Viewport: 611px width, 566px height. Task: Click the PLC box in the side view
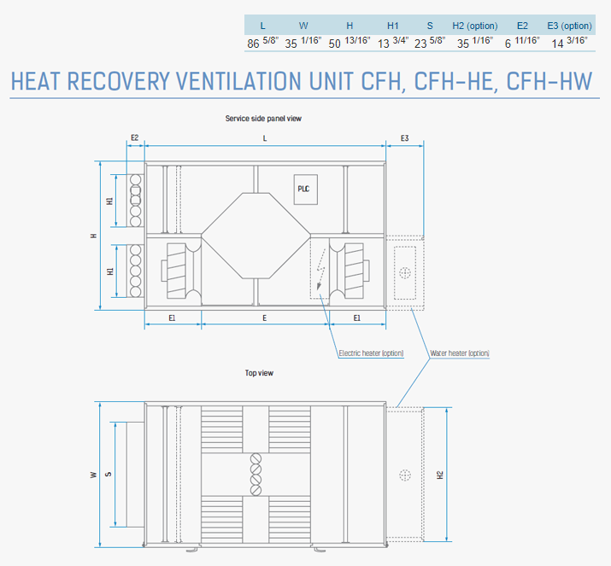306,190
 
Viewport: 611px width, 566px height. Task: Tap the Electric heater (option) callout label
371,353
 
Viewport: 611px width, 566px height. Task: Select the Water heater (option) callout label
460,353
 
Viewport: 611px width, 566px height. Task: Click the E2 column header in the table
522,26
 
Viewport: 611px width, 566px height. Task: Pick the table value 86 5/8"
262,42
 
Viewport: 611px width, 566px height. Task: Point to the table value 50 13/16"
350,42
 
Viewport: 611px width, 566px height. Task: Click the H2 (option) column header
474,26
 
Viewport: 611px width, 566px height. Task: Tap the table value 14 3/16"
569,42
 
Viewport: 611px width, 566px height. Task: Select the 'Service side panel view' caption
263,119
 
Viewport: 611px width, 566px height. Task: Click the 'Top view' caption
259,373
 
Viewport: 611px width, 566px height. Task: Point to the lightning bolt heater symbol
320,269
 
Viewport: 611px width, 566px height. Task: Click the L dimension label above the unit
265,138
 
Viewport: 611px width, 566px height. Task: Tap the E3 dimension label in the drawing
404,138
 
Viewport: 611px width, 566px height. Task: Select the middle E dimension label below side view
265,318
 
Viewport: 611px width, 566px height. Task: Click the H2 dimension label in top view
440,475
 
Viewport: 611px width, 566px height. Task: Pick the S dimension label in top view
109,474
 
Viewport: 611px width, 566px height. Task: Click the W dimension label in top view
93,475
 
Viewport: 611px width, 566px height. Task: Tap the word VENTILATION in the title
238,81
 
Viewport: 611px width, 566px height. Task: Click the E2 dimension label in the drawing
134,137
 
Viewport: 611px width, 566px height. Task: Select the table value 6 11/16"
522,42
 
